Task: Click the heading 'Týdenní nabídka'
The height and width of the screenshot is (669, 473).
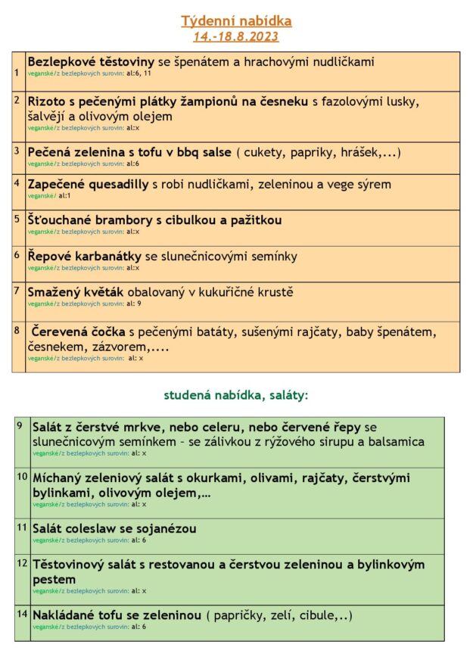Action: [x=236, y=21]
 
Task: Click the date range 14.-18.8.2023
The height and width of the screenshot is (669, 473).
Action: [x=236, y=36]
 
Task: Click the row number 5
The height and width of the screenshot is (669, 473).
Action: [x=17, y=219]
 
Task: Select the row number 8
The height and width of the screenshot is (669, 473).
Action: [x=17, y=330]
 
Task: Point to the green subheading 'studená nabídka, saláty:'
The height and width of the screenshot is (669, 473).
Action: [x=236, y=395]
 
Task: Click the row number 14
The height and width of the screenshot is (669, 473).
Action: [x=22, y=614]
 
